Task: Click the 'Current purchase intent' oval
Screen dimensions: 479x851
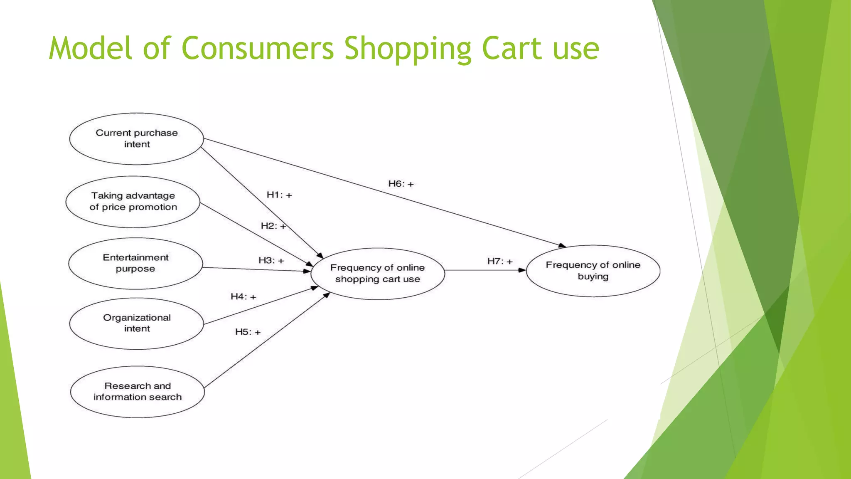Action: [x=136, y=139]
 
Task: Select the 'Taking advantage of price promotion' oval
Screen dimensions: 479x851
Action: [x=133, y=202]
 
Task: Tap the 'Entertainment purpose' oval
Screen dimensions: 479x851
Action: [x=135, y=263]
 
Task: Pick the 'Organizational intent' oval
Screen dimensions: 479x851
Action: [x=137, y=323]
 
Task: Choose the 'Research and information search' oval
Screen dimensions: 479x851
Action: [x=138, y=391]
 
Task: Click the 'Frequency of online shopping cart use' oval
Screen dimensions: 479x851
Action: [x=377, y=274]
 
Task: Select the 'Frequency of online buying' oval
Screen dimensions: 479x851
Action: [x=593, y=271]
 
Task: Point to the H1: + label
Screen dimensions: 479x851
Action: [x=279, y=195]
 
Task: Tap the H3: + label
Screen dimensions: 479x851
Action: [x=271, y=260]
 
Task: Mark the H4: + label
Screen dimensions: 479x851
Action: [x=243, y=296]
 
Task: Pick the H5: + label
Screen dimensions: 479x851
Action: [x=248, y=332]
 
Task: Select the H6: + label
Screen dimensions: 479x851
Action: [x=401, y=184]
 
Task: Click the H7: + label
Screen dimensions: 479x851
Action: [x=500, y=261]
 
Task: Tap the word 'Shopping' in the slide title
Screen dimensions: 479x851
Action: [x=408, y=49]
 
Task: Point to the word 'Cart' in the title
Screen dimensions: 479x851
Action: [x=512, y=48]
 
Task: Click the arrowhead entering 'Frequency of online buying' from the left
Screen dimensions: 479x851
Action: [x=522, y=270]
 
